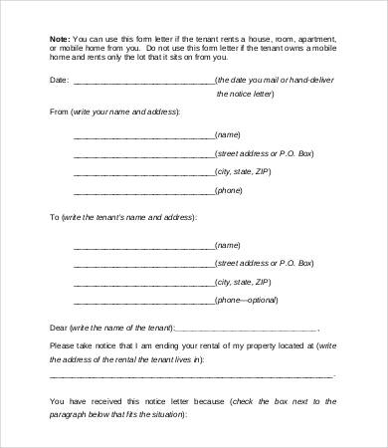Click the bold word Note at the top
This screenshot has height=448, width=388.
click(x=59, y=39)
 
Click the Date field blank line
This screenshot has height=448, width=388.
click(x=143, y=82)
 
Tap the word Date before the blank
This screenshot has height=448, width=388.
click(x=59, y=79)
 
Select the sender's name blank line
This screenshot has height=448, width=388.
click(x=143, y=135)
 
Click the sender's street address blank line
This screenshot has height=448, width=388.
click(x=143, y=154)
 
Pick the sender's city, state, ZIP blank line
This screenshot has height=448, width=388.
click(x=143, y=172)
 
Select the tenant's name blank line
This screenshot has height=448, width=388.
click(x=143, y=246)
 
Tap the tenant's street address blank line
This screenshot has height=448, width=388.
click(x=143, y=265)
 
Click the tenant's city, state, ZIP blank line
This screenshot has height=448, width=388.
click(x=143, y=283)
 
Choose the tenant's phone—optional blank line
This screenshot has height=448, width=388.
click(x=143, y=302)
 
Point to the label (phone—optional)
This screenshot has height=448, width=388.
click(x=246, y=300)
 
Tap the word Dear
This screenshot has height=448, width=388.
click(x=59, y=327)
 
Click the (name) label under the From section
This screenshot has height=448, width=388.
click(x=228, y=133)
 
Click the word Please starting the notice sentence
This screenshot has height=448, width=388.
click(x=62, y=344)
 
